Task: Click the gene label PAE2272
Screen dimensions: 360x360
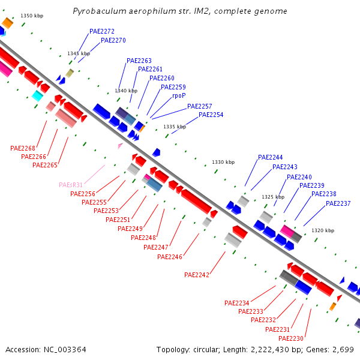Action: pyautogui.click(x=102, y=31)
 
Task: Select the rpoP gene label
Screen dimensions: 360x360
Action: pyautogui.click(x=179, y=95)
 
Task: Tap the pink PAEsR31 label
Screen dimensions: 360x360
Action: pyautogui.click(x=71, y=185)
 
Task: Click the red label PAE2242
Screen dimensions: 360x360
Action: pyautogui.click(x=197, y=275)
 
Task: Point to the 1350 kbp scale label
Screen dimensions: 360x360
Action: pyautogui.click(x=32, y=16)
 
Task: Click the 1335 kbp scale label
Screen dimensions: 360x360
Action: pyautogui.click(x=175, y=127)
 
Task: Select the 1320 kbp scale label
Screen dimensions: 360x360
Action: pyautogui.click(x=322, y=230)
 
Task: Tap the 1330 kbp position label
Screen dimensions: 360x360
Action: pyautogui.click(x=223, y=162)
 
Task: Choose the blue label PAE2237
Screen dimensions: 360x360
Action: pyautogui.click(x=338, y=203)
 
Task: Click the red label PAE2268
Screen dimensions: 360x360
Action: pyautogui.click(x=23, y=148)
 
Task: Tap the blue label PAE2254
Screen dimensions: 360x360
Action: pyautogui.click(x=211, y=115)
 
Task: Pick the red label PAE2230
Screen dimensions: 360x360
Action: pyautogui.click(x=291, y=338)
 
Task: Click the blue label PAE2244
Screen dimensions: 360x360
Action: pyautogui.click(x=270, y=157)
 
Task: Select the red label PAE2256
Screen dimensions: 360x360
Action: pyautogui.click(x=83, y=194)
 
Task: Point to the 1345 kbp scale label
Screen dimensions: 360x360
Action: pyautogui.click(x=79, y=53)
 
